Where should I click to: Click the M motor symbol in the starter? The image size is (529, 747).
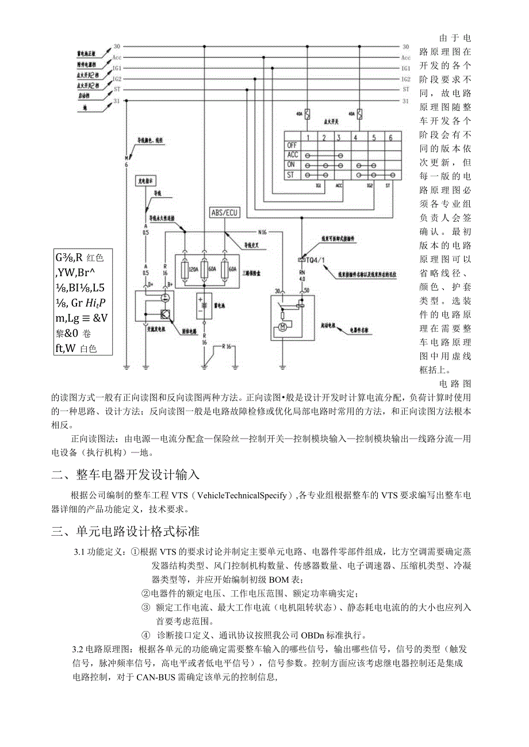pyautogui.click(x=282, y=328)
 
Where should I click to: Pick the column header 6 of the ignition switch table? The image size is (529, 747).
pyautogui.click(x=392, y=137)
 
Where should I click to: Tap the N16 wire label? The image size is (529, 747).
pyautogui.click(x=263, y=233)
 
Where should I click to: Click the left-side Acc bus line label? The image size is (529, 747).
pyautogui.click(x=117, y=57)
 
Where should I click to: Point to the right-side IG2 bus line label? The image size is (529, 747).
pyautogui.click(x=405, y=78)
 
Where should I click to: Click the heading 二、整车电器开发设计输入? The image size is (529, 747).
pyautogui.click(x=125, y=475)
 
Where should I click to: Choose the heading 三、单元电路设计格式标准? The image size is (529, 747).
pyautogui.click(x=125, y=531)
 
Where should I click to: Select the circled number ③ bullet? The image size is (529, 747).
pyautogui.click(x=145, y=607)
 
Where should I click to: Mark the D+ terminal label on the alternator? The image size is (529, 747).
pyautogui.click(x=151, y=284)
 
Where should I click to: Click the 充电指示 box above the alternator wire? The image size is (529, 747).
pyautogui.click(x=145, y=180)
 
